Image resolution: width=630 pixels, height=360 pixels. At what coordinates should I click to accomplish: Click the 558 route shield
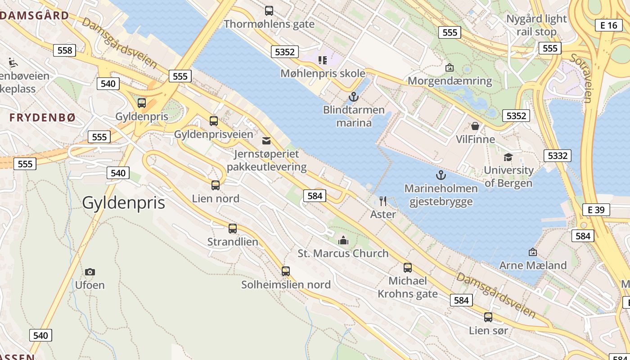[x=65, y=50]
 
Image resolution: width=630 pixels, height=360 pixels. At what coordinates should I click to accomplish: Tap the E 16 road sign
[x=609, y=25]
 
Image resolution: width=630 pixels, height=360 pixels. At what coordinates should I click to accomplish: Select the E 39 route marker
[x=596, y=210]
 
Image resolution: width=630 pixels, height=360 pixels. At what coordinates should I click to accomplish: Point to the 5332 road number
[x=558, y=156]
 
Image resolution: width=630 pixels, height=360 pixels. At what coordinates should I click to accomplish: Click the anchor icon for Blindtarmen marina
[x=354, y=96]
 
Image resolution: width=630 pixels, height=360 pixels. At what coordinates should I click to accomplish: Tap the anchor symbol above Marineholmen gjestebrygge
[x=441, y=175]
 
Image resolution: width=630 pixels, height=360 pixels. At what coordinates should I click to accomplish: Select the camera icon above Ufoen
[x=90, y=272]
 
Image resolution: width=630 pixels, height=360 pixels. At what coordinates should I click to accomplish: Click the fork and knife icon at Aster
[x=383, y=201]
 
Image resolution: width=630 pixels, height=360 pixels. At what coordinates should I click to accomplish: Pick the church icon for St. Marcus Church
[x=343, y=240]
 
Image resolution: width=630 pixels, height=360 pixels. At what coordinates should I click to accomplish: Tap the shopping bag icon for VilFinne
[x=475, y=126]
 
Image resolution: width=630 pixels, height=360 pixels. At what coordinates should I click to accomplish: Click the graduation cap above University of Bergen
[x=508, y=157]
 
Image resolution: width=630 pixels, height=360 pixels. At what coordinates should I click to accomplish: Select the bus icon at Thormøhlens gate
[x=269, y=11]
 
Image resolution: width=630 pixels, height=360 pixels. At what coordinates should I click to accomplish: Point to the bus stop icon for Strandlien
[x=233, y=229]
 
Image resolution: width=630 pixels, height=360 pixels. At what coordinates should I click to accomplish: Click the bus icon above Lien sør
[x=488, y=317]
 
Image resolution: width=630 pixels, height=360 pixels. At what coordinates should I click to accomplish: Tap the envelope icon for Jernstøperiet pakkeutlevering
[x=266, y=141]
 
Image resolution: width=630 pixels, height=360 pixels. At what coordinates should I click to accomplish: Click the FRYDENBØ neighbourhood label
[x=43, y=117]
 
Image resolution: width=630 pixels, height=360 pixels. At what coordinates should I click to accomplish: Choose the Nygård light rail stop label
[x=536, y=25]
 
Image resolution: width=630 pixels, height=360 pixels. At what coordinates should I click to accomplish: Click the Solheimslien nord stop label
[x=286, y=285]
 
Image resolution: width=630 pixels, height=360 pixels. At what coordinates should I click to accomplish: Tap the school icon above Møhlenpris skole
[x=322, y=60]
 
